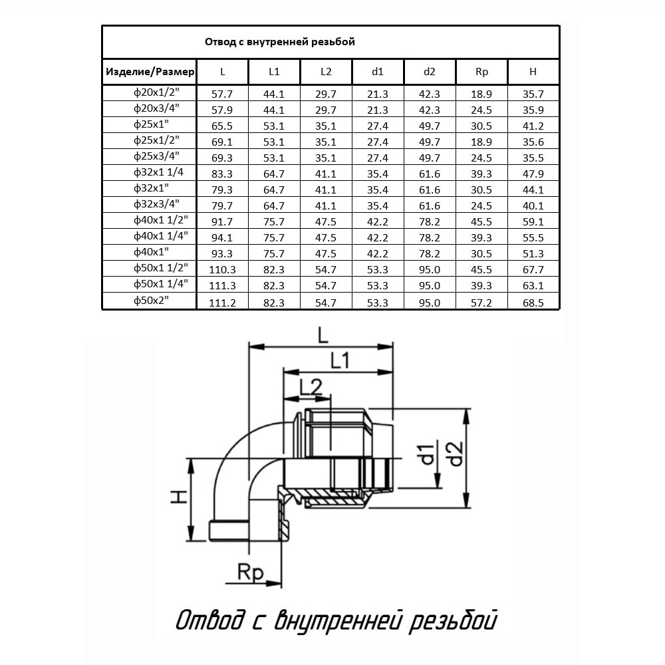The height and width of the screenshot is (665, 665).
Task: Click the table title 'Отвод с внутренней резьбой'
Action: click(x=279, y=42)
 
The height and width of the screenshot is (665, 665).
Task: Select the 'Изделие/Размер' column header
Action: click(x=150, y=72)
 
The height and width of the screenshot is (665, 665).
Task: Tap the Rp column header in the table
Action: click(x=481, y=72)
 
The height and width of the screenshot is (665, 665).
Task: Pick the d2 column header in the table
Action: click(x=429, y=72)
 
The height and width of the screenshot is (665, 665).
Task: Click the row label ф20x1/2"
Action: click(x=156, y=92)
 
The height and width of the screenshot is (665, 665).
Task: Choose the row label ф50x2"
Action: click(x=151, y=301)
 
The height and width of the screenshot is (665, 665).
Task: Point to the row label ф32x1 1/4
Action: click(x=158, y=172)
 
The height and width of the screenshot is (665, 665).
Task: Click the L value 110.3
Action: click(x=222, y=270)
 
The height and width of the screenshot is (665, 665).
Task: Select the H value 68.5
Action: click(x=533, y=303)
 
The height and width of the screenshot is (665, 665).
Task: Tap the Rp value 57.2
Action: click(x=481, y=303)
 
